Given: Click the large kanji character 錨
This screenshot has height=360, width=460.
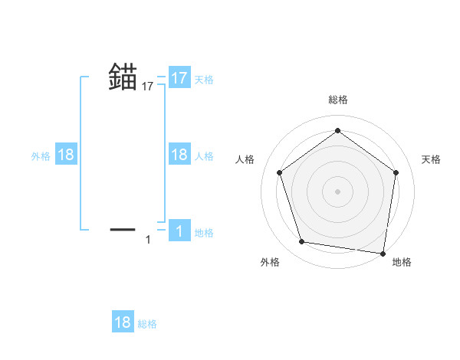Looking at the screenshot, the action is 123,77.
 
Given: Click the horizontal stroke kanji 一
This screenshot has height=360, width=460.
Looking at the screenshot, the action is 123,228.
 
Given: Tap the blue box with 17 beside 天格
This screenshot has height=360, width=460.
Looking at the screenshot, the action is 179,77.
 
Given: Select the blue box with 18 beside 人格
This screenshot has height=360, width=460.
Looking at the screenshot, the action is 179,155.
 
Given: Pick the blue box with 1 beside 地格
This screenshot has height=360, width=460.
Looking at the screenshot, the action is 179,231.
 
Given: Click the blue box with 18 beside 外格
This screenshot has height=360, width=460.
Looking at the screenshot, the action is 66,155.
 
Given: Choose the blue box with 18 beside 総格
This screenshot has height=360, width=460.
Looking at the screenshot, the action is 123,322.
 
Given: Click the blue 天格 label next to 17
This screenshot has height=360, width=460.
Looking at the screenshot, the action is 204,79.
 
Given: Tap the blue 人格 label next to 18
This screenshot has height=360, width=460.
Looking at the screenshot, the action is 204,156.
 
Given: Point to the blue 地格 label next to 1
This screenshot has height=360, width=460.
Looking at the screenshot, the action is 204,233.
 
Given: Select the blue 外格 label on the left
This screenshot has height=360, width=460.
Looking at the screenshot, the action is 41,156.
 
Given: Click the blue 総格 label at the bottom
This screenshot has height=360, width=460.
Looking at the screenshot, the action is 147,324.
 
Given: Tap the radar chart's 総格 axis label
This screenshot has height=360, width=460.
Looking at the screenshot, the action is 337,100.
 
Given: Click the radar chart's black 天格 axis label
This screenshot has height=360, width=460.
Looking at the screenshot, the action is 432,159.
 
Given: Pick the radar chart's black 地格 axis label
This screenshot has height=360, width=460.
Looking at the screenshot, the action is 402,262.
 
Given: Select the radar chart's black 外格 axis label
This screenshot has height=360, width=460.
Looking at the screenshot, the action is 270,262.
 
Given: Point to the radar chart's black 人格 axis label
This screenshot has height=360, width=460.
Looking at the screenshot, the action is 245,159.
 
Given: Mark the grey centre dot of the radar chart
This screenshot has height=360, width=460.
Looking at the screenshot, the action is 337,191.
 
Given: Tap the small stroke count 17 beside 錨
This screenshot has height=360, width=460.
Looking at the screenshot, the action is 148,87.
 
